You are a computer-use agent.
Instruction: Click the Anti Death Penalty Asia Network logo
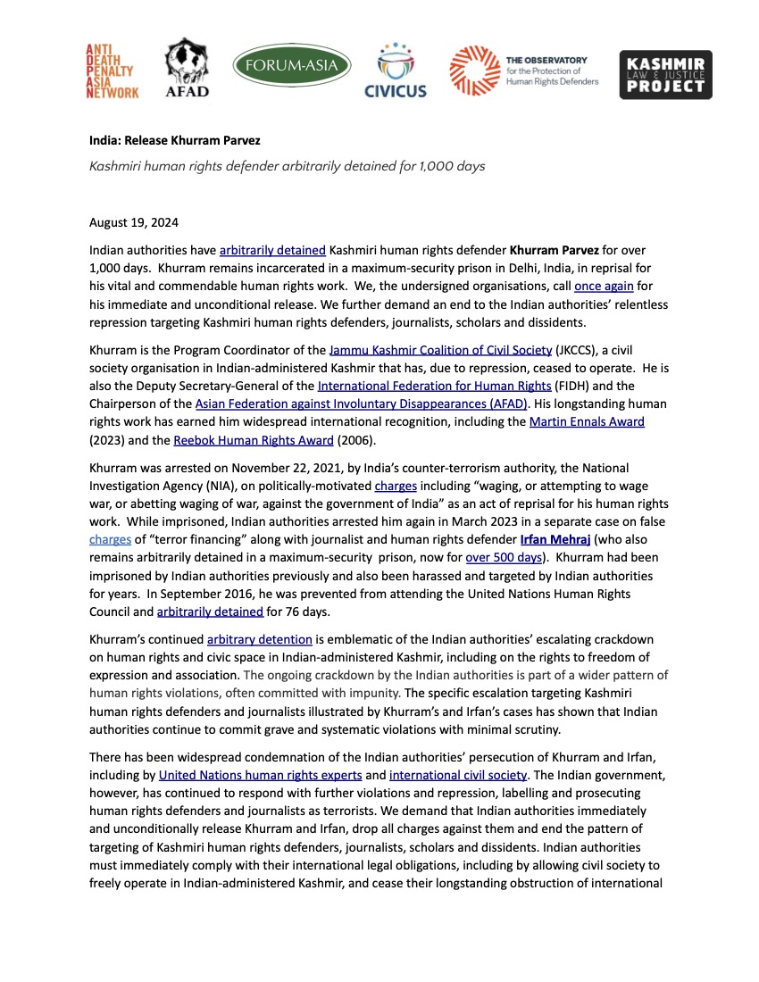coord(112,71)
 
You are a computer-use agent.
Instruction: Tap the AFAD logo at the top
coord(188,69)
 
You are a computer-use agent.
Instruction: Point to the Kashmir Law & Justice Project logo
coord(666,74)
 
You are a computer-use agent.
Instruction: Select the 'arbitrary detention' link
coord(260,639)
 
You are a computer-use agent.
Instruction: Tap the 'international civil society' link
coord(458,774)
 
